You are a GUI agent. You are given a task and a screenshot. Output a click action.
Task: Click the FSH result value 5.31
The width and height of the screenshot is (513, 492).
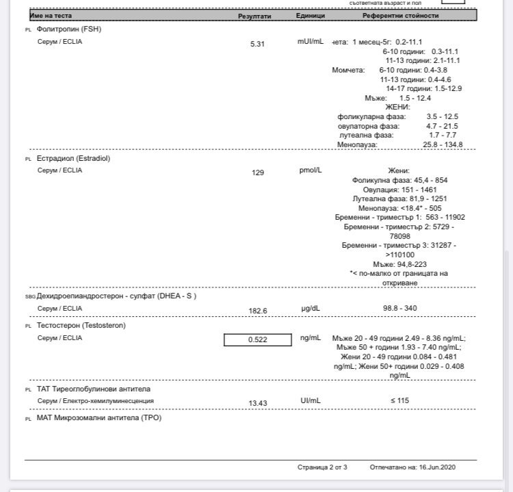coord(257,43)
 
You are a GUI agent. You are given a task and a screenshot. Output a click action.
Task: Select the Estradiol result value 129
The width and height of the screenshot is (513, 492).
coord(258,172)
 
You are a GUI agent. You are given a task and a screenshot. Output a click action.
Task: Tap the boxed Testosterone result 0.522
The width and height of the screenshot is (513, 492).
coord(257,339)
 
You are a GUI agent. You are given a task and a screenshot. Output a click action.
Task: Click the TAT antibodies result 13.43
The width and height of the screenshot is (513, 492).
coord(257,402)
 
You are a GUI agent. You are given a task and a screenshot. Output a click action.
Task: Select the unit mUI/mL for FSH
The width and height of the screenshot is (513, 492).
coord(310,42)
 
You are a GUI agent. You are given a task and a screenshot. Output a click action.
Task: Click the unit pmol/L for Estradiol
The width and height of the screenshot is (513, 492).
coord(310,170)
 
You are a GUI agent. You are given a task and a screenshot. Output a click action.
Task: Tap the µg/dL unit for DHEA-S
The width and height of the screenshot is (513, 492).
coord(310,309)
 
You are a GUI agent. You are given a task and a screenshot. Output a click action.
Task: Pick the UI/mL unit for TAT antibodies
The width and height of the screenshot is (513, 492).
coord(310,401)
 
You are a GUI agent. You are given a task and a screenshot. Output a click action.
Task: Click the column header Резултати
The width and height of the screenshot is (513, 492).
coord(254,15)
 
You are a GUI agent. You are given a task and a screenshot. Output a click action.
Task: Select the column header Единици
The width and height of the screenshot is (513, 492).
coord(311,15)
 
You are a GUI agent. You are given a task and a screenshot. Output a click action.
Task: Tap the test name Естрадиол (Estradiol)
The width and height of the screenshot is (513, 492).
coord(73,158)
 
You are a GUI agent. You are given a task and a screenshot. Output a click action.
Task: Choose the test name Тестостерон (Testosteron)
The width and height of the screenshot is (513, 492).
coord(81,326)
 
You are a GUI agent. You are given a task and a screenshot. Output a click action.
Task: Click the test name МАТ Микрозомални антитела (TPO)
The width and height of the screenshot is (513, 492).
coord(99,417)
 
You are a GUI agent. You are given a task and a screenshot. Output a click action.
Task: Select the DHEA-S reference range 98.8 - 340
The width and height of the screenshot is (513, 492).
coord(400,309)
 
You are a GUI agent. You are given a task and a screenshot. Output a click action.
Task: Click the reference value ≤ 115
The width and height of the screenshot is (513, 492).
coord(400,401)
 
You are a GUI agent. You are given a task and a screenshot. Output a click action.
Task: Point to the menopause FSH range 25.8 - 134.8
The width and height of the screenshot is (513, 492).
coord(443,144)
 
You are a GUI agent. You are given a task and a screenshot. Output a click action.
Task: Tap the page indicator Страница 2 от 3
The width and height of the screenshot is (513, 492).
coord(323,467)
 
